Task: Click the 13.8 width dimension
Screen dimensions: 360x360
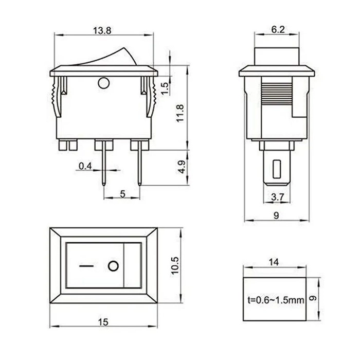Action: (x=102, y=30)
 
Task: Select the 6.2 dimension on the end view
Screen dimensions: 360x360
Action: (x=278, y=30)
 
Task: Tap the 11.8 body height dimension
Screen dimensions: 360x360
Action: (x=180, y=113)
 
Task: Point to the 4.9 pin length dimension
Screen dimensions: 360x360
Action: (x=182, y=167)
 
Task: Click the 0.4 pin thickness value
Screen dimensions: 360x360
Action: (x=85, y=166)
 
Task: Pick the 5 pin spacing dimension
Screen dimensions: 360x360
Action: (x=123, y=194)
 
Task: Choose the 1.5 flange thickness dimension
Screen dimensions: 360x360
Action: (x=165, y=88)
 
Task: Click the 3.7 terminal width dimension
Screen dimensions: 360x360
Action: (x=278, y=197)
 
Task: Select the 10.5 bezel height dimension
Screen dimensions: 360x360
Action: (x=175, y=265)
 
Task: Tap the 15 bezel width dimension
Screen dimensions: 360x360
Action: (x=103, y=322)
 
